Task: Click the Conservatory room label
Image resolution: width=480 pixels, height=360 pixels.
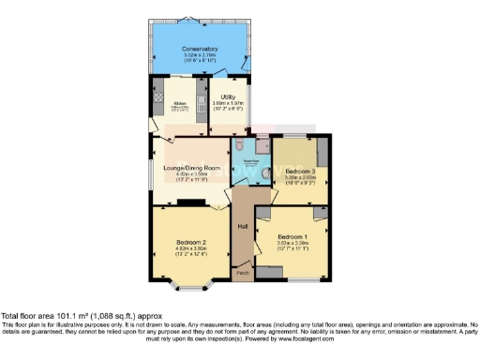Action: point(201,49)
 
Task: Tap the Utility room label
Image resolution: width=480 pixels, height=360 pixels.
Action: point(228,97)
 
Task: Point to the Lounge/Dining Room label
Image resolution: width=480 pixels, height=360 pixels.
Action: point(190,168)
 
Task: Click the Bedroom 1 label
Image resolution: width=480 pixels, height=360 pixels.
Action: point(293,236)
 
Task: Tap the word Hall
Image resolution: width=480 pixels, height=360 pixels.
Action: point(242,227)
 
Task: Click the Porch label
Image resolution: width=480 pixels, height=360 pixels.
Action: point(242,273)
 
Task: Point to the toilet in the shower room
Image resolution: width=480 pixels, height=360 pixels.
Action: point(242,147)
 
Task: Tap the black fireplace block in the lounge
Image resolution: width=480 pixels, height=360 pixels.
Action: point(191,201)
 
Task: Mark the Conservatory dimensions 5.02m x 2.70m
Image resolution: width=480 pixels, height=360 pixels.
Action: point(201,55)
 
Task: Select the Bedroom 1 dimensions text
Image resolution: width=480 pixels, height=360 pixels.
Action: point(293,244)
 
